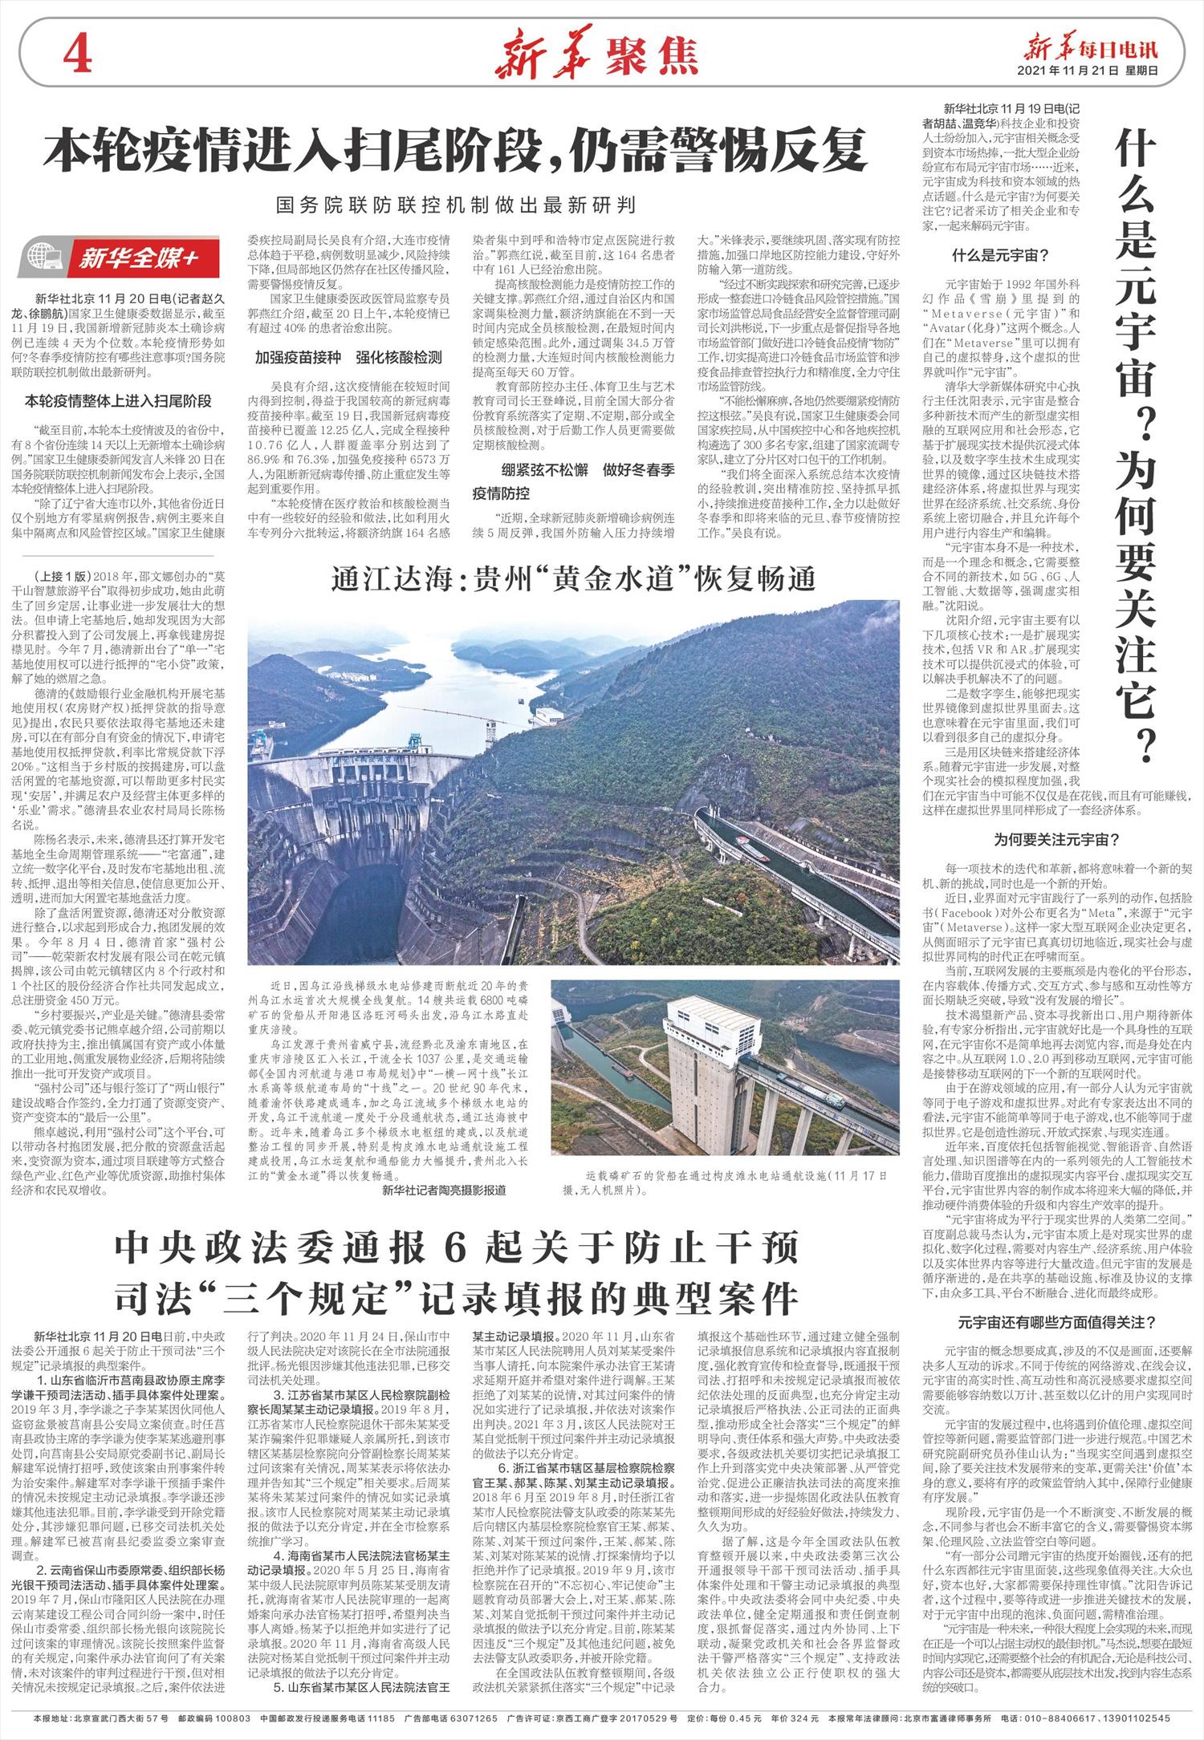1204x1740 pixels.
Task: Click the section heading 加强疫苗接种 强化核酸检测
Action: pyautogui.click(x=348, y=358)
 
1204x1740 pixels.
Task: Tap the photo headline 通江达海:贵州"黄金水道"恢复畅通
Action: pyautogui.click(x=573, y=578)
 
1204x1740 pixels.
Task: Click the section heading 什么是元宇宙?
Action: pyautogui.click(x=1000, y=257)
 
